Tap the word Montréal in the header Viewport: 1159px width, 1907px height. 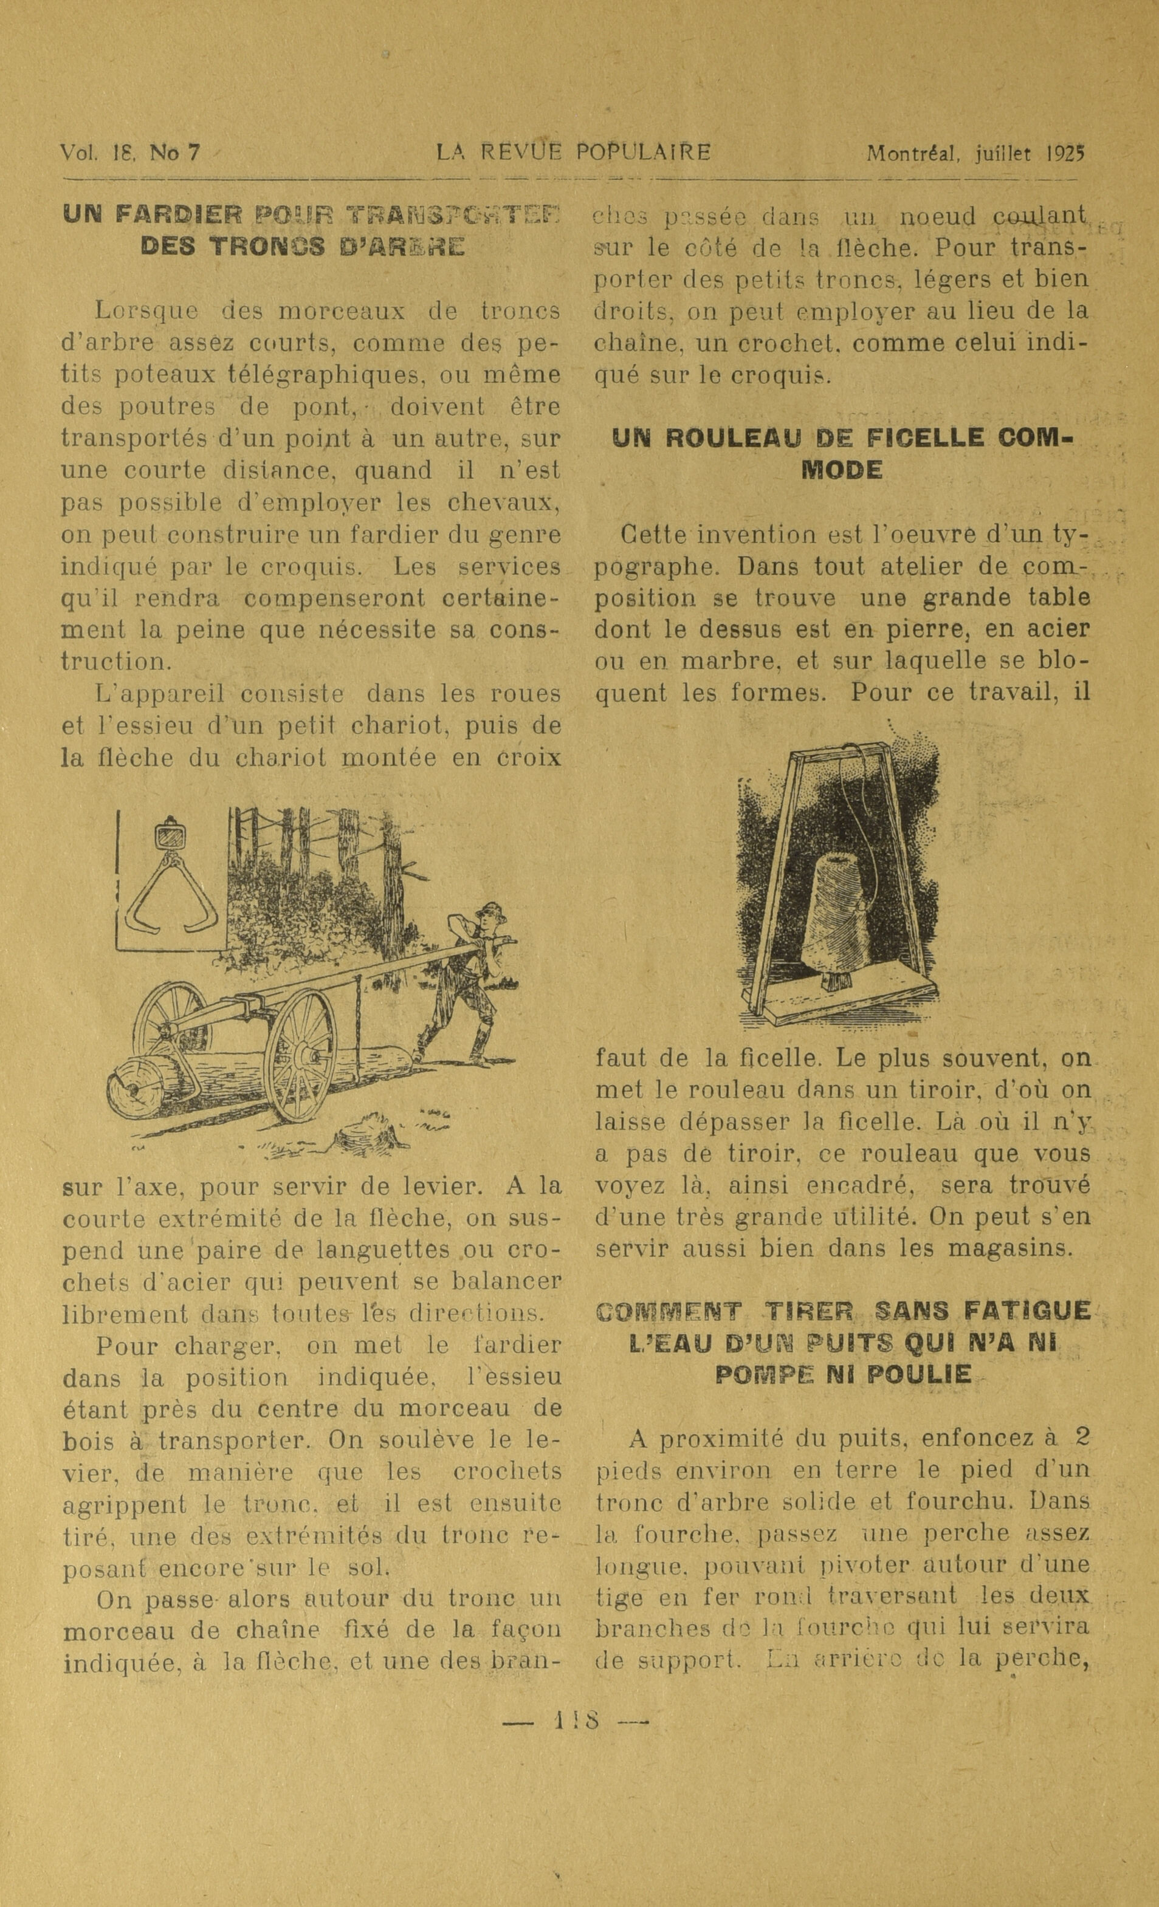(909, 152)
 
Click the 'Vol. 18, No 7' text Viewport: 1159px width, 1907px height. (130, 152)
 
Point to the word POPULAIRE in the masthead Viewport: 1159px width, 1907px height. (642, 152)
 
